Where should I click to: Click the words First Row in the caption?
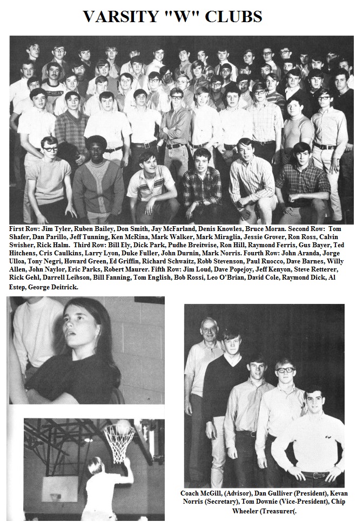point(24,229)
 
